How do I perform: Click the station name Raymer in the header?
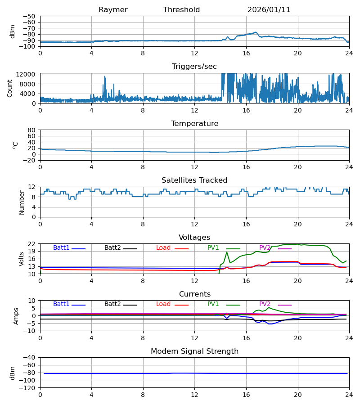point(113,10)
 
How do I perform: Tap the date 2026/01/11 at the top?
point(269,10)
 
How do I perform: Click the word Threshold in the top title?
point(181,10)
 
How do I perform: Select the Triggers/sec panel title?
point(194,67)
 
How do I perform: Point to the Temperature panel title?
point(194,124)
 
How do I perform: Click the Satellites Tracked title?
point(194,180)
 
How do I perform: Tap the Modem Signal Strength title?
point(194,351)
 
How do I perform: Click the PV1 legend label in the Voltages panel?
point(213,248)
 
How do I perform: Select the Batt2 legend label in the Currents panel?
point(112,304)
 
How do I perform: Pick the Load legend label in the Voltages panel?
point(163,248)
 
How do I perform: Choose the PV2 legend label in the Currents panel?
point(265,304)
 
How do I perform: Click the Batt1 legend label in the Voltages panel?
point(61,248)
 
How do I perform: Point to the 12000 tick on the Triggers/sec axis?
point(29,74)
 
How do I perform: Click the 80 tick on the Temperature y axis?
point(32,130)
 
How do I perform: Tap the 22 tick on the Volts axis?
point(32,244)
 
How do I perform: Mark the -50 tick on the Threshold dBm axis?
point(30,16)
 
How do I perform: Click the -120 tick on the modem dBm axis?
point(28,388)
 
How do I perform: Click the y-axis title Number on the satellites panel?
point(22,202)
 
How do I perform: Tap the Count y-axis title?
point(10,88)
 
